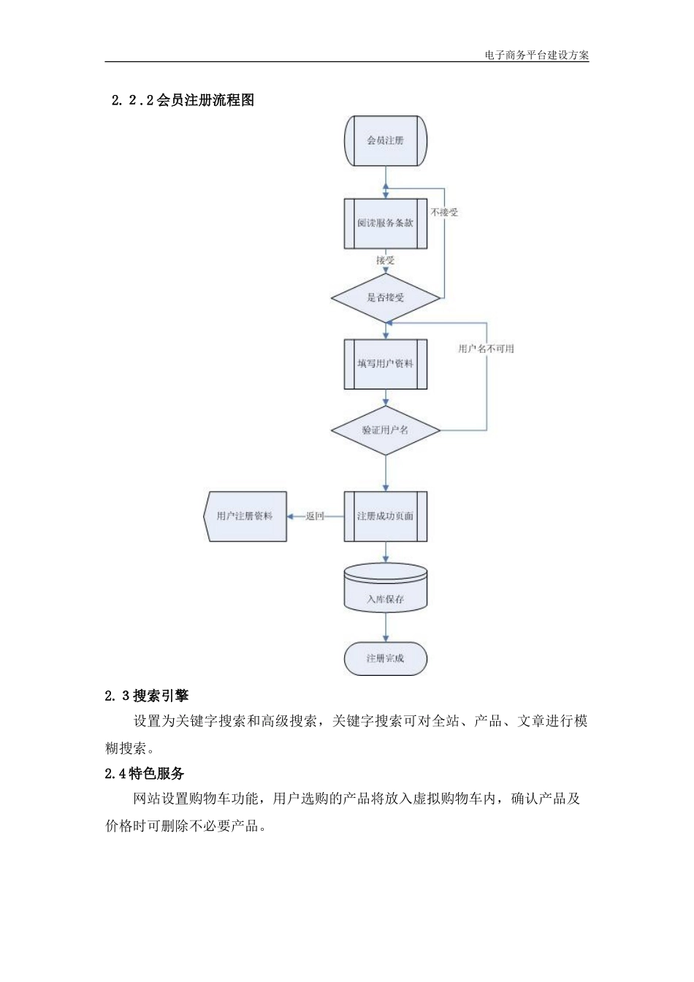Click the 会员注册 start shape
(385, 140)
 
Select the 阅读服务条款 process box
(385, 224)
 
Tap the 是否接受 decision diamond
(385, 298)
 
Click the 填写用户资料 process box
(385, 364)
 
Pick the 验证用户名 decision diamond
(385, 430)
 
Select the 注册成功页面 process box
(385, 517)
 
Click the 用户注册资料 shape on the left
(245, 517)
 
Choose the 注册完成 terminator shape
(385, 658)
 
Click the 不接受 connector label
(444, 213)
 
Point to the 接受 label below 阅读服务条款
(385, 260)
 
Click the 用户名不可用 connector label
(486, 349)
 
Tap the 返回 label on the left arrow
(315, 517)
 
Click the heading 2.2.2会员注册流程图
(183, 101)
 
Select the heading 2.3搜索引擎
(147, 696)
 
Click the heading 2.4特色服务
(145, 774)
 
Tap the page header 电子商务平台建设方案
(536, 56)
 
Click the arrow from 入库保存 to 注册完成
(386, 628)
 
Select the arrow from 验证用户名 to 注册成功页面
(386, 473)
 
